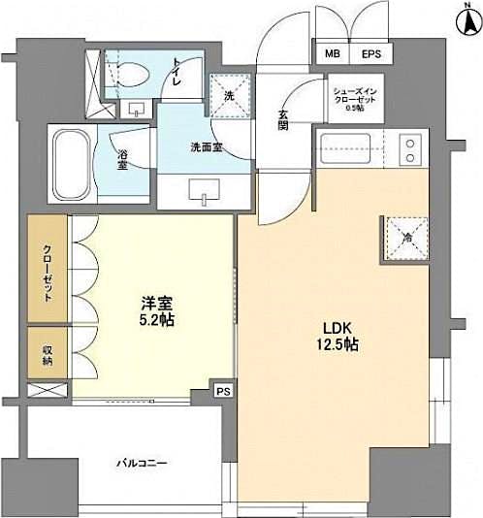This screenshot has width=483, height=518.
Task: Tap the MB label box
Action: pos(333,53)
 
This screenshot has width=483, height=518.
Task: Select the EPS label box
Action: pos(371,53)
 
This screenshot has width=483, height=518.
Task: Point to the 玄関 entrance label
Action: pos(282,118)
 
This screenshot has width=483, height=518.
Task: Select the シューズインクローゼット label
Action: pos(358,97)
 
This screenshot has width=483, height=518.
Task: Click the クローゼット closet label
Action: pos(47,272)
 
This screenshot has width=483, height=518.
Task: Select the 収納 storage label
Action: pos(47,355)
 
